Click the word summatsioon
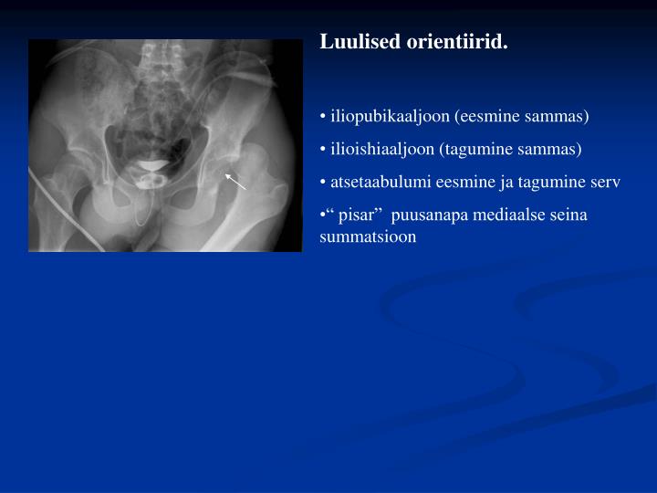(368, 236)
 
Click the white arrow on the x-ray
(236, 180)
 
